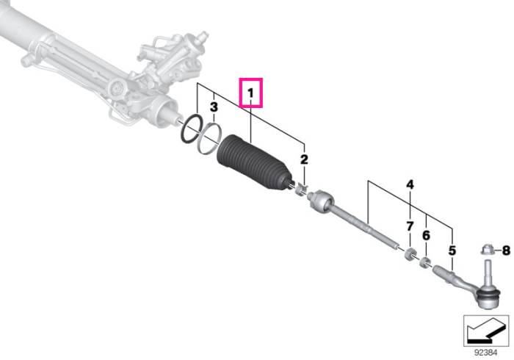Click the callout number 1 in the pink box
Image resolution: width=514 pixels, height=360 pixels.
pyautogui.click(x=251, y=93)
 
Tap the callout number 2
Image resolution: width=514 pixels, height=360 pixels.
pyautogui.click(x=304, y=159)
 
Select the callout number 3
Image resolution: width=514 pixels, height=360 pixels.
pyautogui.click(x=214, y=107)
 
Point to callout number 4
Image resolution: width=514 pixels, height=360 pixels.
pyautogui.click(x=410, y=185)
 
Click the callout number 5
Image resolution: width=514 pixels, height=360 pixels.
pyautogui.click(x=452, y=251)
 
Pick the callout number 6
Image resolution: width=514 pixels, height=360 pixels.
pyautogui.click(x=426, y=235)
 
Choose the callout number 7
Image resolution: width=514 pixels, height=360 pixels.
pyautogui.click(x=410, y=226)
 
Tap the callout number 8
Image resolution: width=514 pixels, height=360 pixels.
pyautogui.click(x=506, y=251)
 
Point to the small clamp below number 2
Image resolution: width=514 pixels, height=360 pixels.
pyautogui.click(x=301, y=190)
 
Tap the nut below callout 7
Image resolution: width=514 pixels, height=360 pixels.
pyautogui.click(x=410, y=253)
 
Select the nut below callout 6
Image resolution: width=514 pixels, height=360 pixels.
pyautogui.click(x=425, y=263)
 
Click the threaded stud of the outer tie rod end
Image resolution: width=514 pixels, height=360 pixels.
pyautogui.click(x=488, y=272)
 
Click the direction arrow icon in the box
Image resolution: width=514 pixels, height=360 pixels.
pyautogui.click(x=485, y=329)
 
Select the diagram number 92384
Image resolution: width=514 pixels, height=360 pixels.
pyautogui.click(x=486, y=353)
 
